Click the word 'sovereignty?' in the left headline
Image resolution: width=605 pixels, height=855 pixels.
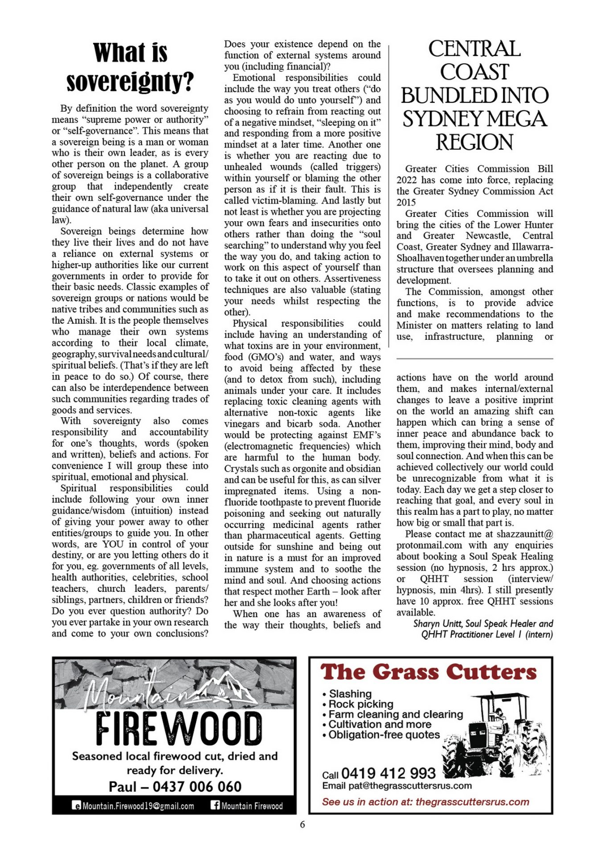coord(130,82)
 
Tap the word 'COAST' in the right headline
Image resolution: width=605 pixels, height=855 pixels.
coord(474,72)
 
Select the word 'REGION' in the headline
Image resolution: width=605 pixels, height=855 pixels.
coord(474,142)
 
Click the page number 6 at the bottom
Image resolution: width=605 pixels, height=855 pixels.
coord(302,824)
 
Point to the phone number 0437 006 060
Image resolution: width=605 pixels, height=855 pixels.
coord(197,786)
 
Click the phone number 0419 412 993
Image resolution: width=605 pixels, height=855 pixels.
coord(388,773)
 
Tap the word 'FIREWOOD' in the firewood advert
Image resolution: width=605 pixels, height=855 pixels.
coord(179,729)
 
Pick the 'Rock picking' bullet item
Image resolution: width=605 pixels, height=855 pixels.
coord(361,704)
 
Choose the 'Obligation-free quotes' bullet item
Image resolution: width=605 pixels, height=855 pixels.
coord(384,735)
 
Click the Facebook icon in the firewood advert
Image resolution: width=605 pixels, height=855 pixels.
coord(215,805)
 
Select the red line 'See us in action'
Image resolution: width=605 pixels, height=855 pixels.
coord(425,802)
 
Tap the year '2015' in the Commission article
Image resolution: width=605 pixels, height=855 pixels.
coord(406,202)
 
